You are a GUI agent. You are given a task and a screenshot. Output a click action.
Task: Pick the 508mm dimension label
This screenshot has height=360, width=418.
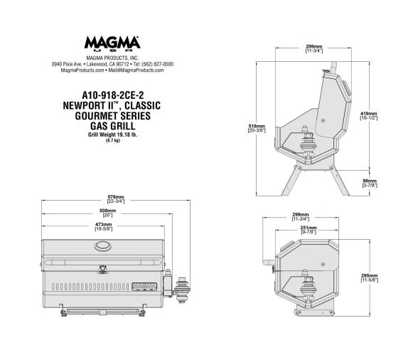pyautogui.click(x=108, y=212)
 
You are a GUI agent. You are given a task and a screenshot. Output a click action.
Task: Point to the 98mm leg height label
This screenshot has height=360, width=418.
pyautogui.click(x=369, y=183)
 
